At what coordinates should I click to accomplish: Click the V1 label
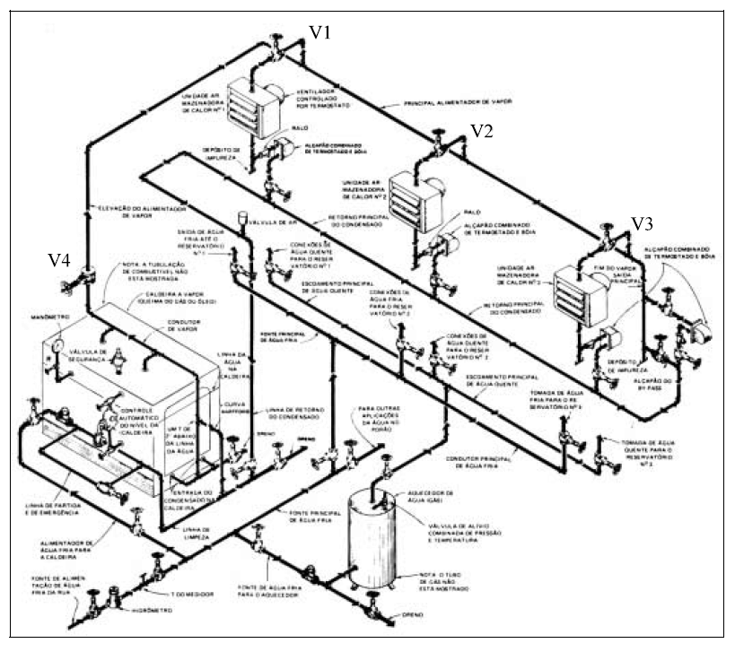pos(320,32)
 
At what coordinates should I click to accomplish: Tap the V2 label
pos(482,132)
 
